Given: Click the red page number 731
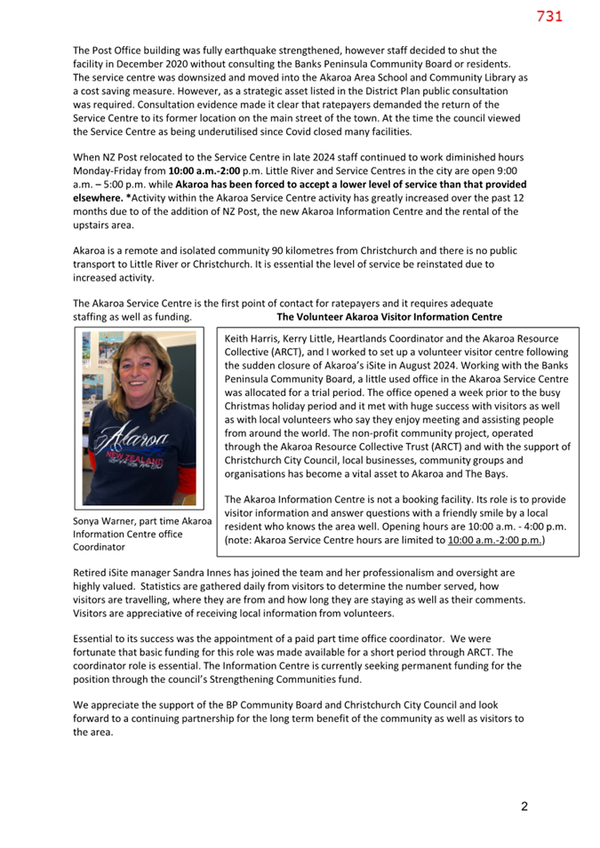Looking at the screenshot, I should coord(549,16).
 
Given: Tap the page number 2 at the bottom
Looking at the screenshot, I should coord(524,806).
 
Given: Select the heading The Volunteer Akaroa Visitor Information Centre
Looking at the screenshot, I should coord(389,317).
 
